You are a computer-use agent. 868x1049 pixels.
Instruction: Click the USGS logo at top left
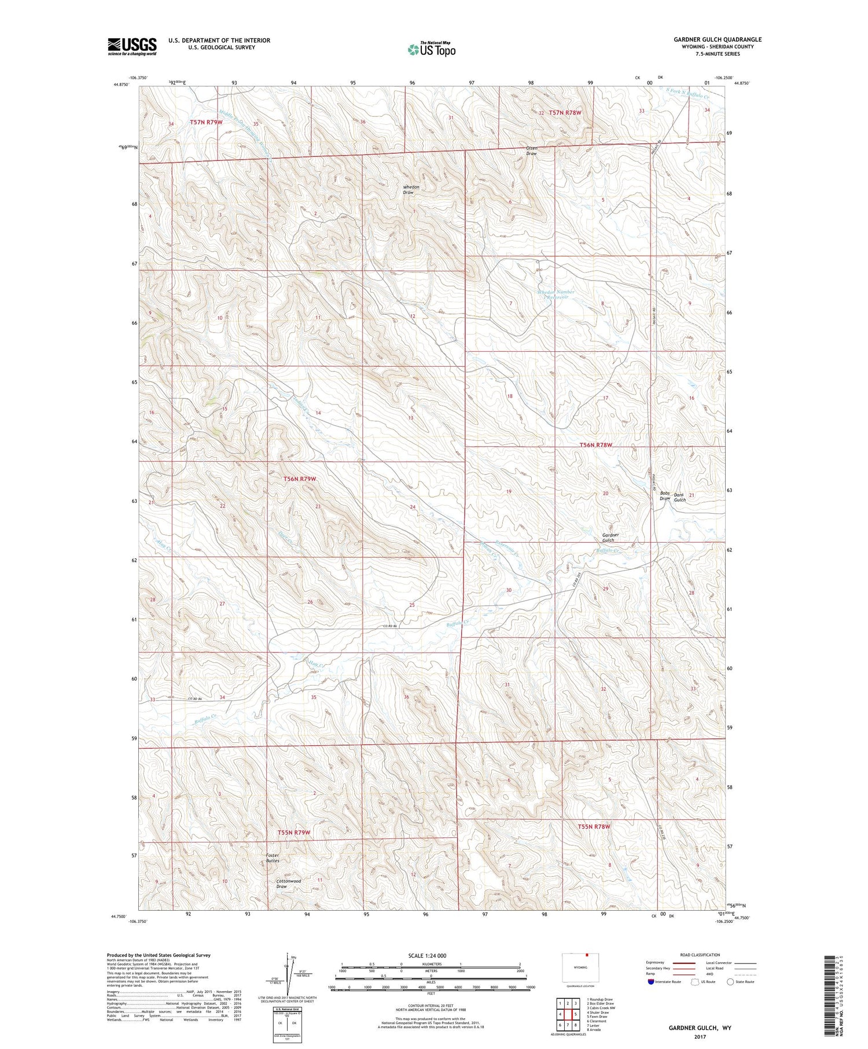[x=132, y=46]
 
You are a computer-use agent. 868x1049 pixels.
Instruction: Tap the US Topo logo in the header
[x=431, y=49]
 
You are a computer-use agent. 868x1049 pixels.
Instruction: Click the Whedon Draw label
[x=411, y=190]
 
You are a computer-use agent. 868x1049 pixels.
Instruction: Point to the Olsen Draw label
[x=531, y=151]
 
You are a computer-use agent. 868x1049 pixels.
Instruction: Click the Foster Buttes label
[x=273, y=858]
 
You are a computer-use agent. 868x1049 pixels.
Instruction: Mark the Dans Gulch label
[x=679, y=498]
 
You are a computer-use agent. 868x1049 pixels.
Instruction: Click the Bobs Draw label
[x=665, y=496]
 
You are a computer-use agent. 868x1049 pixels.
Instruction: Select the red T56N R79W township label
[x=300, y=479]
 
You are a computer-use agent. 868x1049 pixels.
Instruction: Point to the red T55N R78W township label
[x=594, y=827]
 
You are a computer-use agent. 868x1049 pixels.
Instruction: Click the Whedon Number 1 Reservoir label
[x=554, y=295]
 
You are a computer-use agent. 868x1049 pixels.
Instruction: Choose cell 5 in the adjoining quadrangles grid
[x=576, y=1015]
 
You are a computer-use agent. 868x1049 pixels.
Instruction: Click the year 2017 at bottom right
[x=700, y=1037]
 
